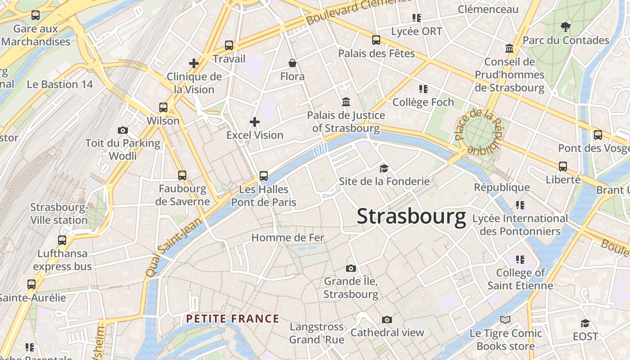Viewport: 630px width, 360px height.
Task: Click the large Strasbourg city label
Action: click(x=411, y=216)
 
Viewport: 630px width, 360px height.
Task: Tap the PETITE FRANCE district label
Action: click(x=233, y=319)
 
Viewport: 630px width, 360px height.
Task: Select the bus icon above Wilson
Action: click(x=163, y=108)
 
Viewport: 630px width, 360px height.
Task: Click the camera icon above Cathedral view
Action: click(x=387, y=319)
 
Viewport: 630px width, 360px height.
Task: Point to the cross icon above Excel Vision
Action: click(x=255, y=121)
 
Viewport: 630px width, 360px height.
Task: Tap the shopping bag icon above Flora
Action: click(x=292, y=63)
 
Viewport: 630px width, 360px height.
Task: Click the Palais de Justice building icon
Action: click(x=346, y=102)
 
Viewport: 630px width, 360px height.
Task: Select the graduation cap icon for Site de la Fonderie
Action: click(x=384, y=168)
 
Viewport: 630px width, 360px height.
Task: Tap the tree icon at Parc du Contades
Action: click(x=566, y=27)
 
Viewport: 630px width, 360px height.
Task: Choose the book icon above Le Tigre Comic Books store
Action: click(x=505, y=319)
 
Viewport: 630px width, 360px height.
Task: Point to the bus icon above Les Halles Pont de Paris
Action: click(x=264, y=176)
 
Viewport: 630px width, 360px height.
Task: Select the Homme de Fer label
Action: click(x=288, y=238)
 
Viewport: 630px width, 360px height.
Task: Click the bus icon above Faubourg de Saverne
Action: click(x=182, y=175)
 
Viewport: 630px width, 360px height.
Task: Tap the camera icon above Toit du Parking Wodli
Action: click(x=122, y=130)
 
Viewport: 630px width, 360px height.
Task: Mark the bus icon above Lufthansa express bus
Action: click(x=62, y=240)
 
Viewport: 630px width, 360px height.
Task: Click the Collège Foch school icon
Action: click(x=423, y=89)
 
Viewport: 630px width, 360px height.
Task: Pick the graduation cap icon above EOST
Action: click(x=585, y=323)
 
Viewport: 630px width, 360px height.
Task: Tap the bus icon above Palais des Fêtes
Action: click(x=376, y=40)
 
